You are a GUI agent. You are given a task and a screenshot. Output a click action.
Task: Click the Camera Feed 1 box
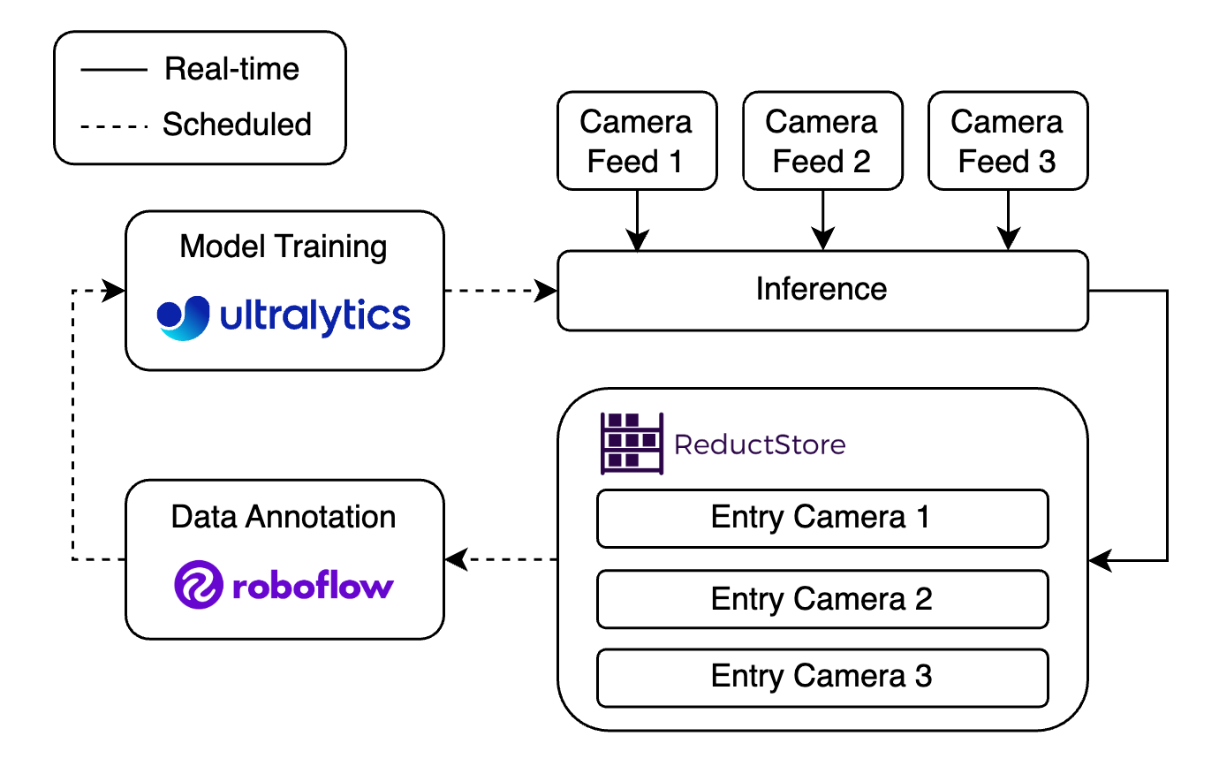point(636,140)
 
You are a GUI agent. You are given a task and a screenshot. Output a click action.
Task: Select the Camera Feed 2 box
point(821,140)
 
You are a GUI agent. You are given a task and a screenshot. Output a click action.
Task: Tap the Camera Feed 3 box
point(1007,140)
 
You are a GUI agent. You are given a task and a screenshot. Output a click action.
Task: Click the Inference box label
point(821,289)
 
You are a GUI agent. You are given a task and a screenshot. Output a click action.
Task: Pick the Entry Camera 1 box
point(821,518)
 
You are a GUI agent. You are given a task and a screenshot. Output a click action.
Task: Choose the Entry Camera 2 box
point(821,599)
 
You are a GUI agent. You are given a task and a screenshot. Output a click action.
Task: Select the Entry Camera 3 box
point(821,677)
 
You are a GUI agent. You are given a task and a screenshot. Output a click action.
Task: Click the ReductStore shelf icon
point(632,444)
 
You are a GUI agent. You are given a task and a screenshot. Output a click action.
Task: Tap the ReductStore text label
point(760,444)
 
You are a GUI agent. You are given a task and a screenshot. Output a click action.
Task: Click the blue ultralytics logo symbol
point(184,317)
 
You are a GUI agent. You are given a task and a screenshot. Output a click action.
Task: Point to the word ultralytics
point(315,316)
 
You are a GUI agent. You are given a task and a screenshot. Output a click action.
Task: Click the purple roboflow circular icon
point(198,584)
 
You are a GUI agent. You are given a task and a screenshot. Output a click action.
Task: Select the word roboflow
point(313,586)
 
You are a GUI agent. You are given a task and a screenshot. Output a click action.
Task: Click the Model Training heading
point(284,247)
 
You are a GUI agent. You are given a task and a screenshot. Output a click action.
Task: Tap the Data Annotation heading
point(284,517)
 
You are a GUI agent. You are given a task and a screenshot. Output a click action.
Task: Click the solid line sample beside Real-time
point(114,70)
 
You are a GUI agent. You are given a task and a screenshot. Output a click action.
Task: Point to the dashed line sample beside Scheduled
point(114,126)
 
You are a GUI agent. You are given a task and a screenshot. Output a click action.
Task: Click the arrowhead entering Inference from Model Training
point(548,290)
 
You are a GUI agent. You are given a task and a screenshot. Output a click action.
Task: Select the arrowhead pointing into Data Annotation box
point(455,559)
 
